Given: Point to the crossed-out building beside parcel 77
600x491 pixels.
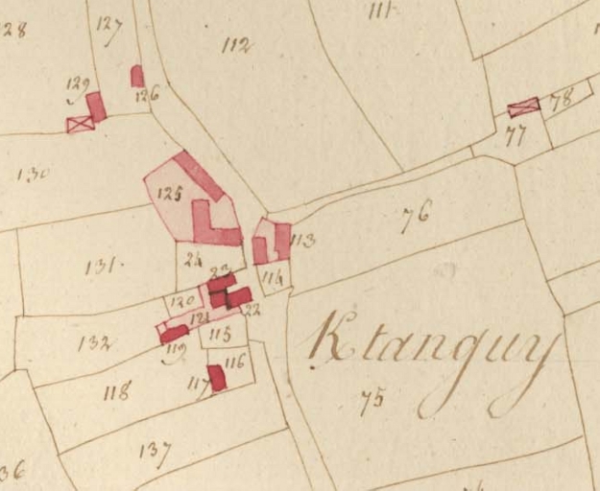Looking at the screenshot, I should click(x=523, y=106).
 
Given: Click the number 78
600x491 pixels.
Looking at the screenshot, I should click(x=561, y=98).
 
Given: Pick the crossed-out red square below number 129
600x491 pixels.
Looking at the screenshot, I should click(x=79, y=123).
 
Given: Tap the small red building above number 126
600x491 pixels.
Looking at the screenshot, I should click(x=137, y=75).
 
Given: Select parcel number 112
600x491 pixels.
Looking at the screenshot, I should click(x=236, y=44).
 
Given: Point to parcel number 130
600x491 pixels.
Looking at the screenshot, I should click(x=33, y=174).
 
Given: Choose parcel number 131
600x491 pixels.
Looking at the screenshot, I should click(x=102, y=266).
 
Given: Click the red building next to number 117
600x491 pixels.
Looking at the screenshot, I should click(x=217, y=378).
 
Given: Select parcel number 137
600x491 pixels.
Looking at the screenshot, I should click(x=154, y=451).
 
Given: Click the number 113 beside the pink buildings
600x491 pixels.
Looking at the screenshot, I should click(x=302, y=241).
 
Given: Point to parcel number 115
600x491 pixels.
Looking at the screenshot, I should click(x=220, y=334).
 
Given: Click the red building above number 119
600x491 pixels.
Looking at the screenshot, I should click(x=175, y=333).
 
